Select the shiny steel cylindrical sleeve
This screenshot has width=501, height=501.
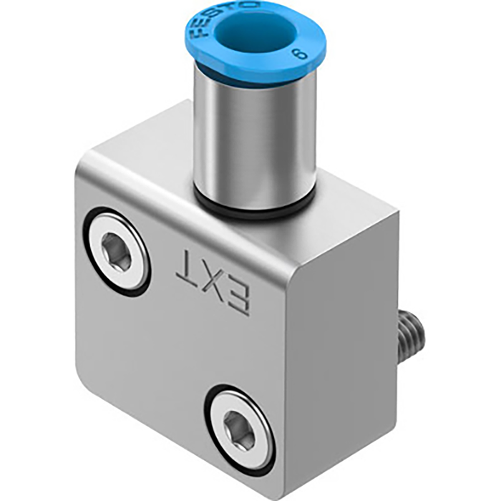(x=254, y=136)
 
